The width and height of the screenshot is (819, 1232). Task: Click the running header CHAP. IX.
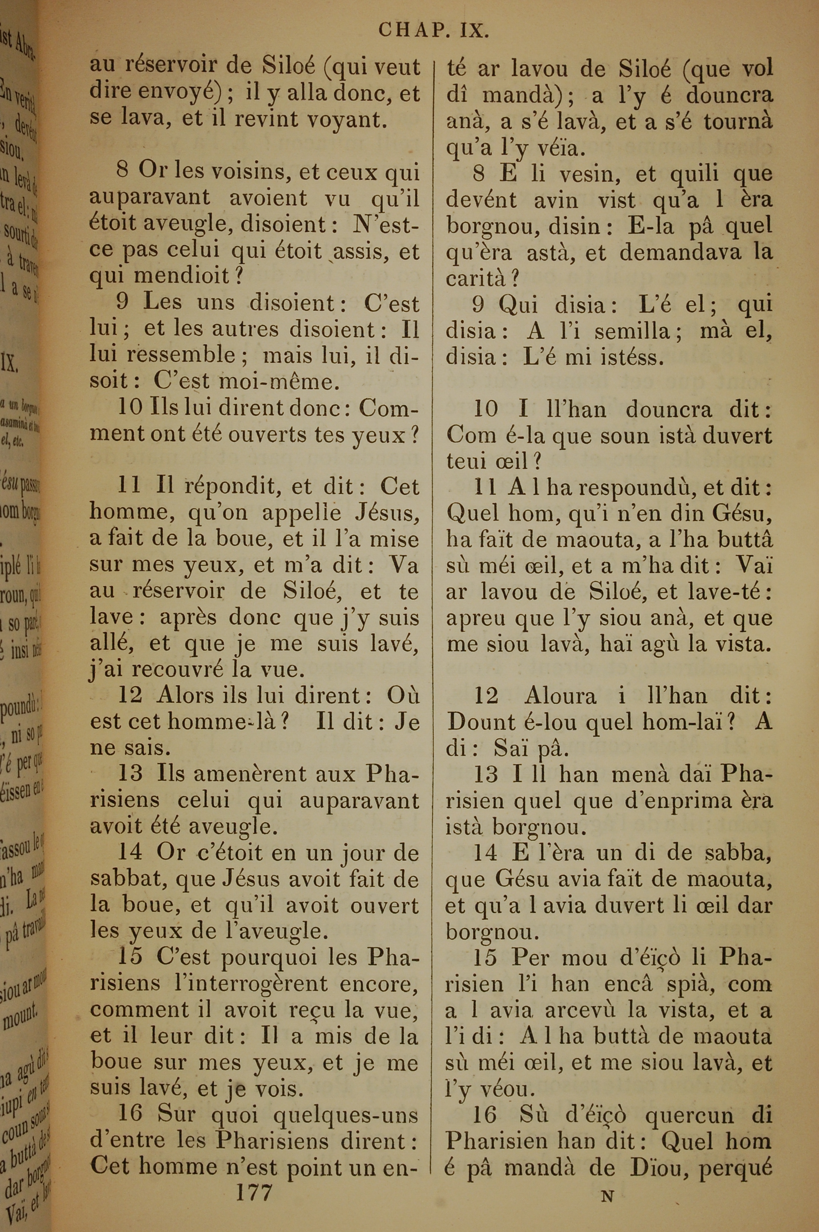tap(434, 31)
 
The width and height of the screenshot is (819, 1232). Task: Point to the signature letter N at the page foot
tap(607, 1181)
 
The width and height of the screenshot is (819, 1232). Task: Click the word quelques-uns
tap(346, 1114)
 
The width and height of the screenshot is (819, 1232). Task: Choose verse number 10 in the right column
tap(485, 409)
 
